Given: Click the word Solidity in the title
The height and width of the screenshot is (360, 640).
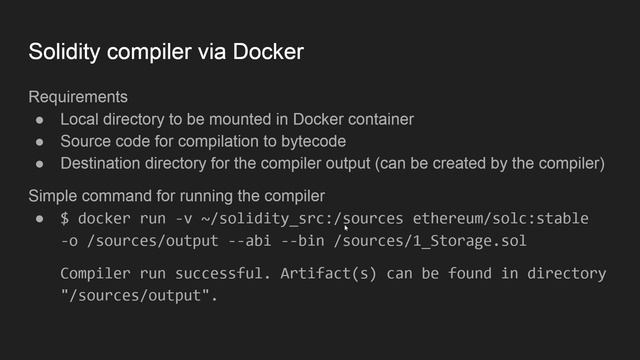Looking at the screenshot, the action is [x=63, y=51].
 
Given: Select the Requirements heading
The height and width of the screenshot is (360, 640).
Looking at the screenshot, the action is [x=78, y=98].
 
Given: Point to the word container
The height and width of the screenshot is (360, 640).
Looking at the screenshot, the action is [x=380, y=120].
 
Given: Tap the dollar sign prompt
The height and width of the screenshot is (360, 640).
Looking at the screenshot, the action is [x=65, y=218].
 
